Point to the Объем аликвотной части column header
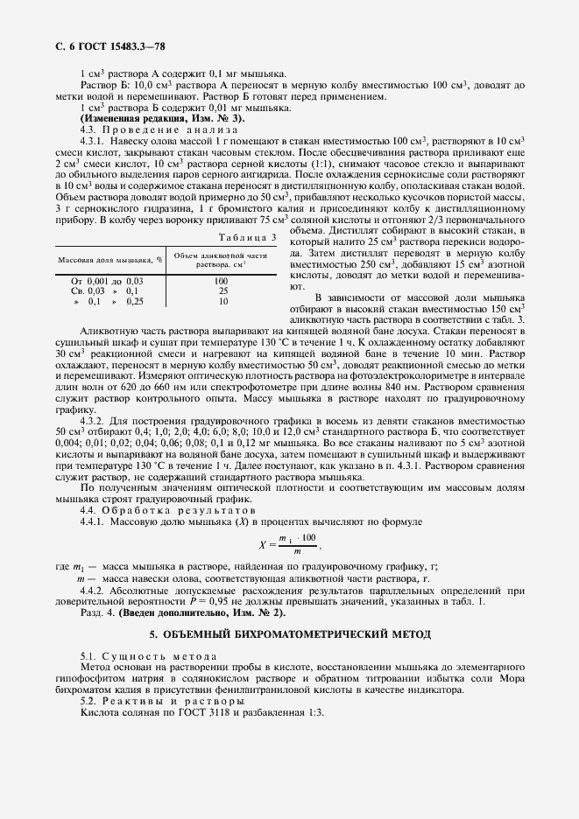pos(221,258)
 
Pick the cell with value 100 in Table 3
pos(222,281)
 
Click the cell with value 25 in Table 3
pos(222,290)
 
